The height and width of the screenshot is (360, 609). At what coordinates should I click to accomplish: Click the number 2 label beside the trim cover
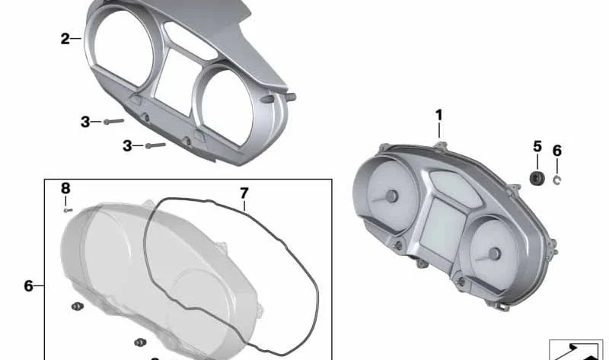pyautogui.click(x=65, y=39)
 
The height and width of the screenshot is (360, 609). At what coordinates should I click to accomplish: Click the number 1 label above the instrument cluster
pyautogui.click(x=439, y=116)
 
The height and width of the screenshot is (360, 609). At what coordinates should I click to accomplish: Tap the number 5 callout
pyautogui.click(x=537, y=147)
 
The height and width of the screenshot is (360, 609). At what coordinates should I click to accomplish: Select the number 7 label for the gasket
pyautogui.click(x=244, y=193)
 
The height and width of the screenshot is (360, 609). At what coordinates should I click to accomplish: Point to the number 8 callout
pyautogui.click(x=65, y=189)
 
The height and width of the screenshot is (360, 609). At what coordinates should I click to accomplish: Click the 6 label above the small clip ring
pyautogui.click(x=557, y=151)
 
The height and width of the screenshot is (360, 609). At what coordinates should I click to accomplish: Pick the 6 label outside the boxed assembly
pyautogui.click(x=29, y=286)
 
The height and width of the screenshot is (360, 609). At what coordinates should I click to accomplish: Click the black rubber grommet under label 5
pyautogui.click(x=537, y=177)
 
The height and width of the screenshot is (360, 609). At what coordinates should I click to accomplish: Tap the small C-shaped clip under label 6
pyautogui.click(x=557, y=180)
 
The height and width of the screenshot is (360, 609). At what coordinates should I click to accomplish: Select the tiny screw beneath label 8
pyautogui.click(x=68, y=210)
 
